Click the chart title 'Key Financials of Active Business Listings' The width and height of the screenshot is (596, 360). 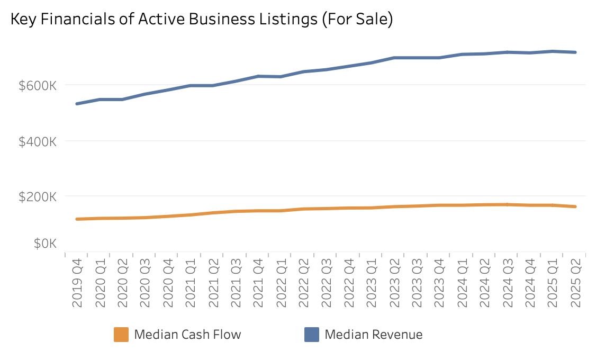coord(202,20)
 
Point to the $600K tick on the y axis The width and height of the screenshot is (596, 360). coord(37,85)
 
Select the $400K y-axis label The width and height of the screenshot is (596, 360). coord(37,141)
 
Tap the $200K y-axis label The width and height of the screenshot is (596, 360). coord(37,196)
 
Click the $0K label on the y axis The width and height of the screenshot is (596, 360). coord(44,244)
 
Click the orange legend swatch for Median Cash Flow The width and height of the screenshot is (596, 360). coord(121,335)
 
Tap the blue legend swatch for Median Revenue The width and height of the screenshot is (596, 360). coord(312,335)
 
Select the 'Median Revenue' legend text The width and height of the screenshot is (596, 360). coord(373,335)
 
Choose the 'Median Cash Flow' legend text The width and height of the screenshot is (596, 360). coord(187,335)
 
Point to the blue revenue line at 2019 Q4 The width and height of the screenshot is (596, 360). coord(77,104)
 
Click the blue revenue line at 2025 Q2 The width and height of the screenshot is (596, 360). coord(575,52)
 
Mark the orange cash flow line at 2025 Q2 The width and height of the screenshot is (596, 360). coord(575,206)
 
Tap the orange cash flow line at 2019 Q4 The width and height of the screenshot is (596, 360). coord(77,219)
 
